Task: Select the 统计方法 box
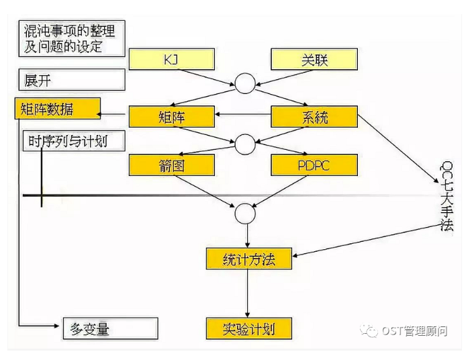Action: point(248,258)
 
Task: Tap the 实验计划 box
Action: point(248,329)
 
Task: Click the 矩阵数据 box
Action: point(57,108)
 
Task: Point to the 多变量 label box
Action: point(110,328)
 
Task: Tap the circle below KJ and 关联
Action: point(244,84)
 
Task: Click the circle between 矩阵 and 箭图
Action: point(244,142)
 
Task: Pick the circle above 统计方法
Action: point(244,213)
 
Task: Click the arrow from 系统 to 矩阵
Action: point(242,117)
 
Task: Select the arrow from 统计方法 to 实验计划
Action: point(248,293)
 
